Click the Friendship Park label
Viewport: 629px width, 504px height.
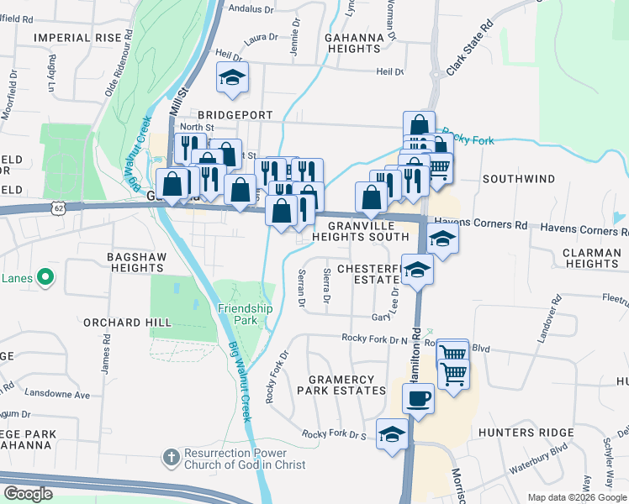(x=245, y=314)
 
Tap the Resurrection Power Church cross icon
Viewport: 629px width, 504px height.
(x=170, y=458)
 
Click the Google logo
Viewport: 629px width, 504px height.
(x=28, y=494)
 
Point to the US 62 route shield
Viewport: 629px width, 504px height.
(x=56, y=206)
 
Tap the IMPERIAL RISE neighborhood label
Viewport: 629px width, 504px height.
(x=77, y=37)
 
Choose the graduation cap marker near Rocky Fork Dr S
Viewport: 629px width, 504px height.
(x=392, y=434)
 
